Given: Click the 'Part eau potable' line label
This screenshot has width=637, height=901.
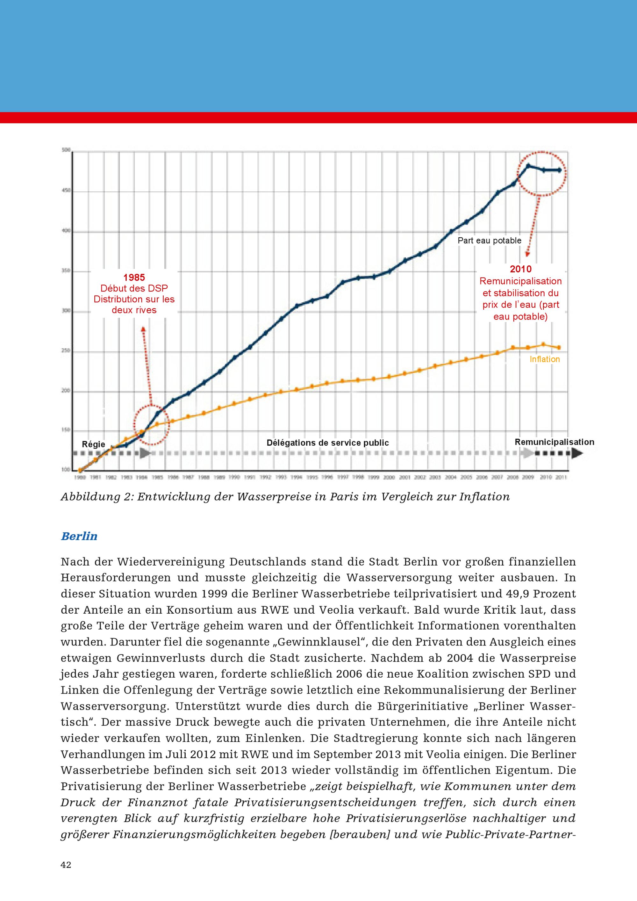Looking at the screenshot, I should click(x=489, y=241).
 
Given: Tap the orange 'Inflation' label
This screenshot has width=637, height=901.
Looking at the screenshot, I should click(x=544, y=359).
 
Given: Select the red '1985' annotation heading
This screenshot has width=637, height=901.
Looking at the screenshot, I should click(x=134, y=278).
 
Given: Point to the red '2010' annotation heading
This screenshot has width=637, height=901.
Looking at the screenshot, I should click(x=520, y=269).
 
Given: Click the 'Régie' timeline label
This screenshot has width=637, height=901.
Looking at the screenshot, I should click(x=93, y=444).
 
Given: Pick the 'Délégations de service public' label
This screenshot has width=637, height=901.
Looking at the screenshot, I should click(x=327, y=443).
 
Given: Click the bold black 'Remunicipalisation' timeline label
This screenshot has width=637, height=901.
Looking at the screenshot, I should click(x=554, y=442).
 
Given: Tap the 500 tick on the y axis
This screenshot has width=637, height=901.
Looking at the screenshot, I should click(x=66, y=150).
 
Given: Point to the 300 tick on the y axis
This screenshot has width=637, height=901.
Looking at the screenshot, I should click(x=66, y=311).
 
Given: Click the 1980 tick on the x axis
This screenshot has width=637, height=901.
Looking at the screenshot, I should click(x=80, y=477).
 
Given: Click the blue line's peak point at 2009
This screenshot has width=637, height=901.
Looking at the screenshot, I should click(x=528, y=166).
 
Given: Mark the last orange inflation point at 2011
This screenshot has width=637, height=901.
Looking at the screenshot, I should click(x=559, y=348).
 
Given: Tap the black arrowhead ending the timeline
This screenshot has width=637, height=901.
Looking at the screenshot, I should click(x=576, y=454).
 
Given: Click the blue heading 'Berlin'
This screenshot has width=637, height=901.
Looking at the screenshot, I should click(x=79, y=536).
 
